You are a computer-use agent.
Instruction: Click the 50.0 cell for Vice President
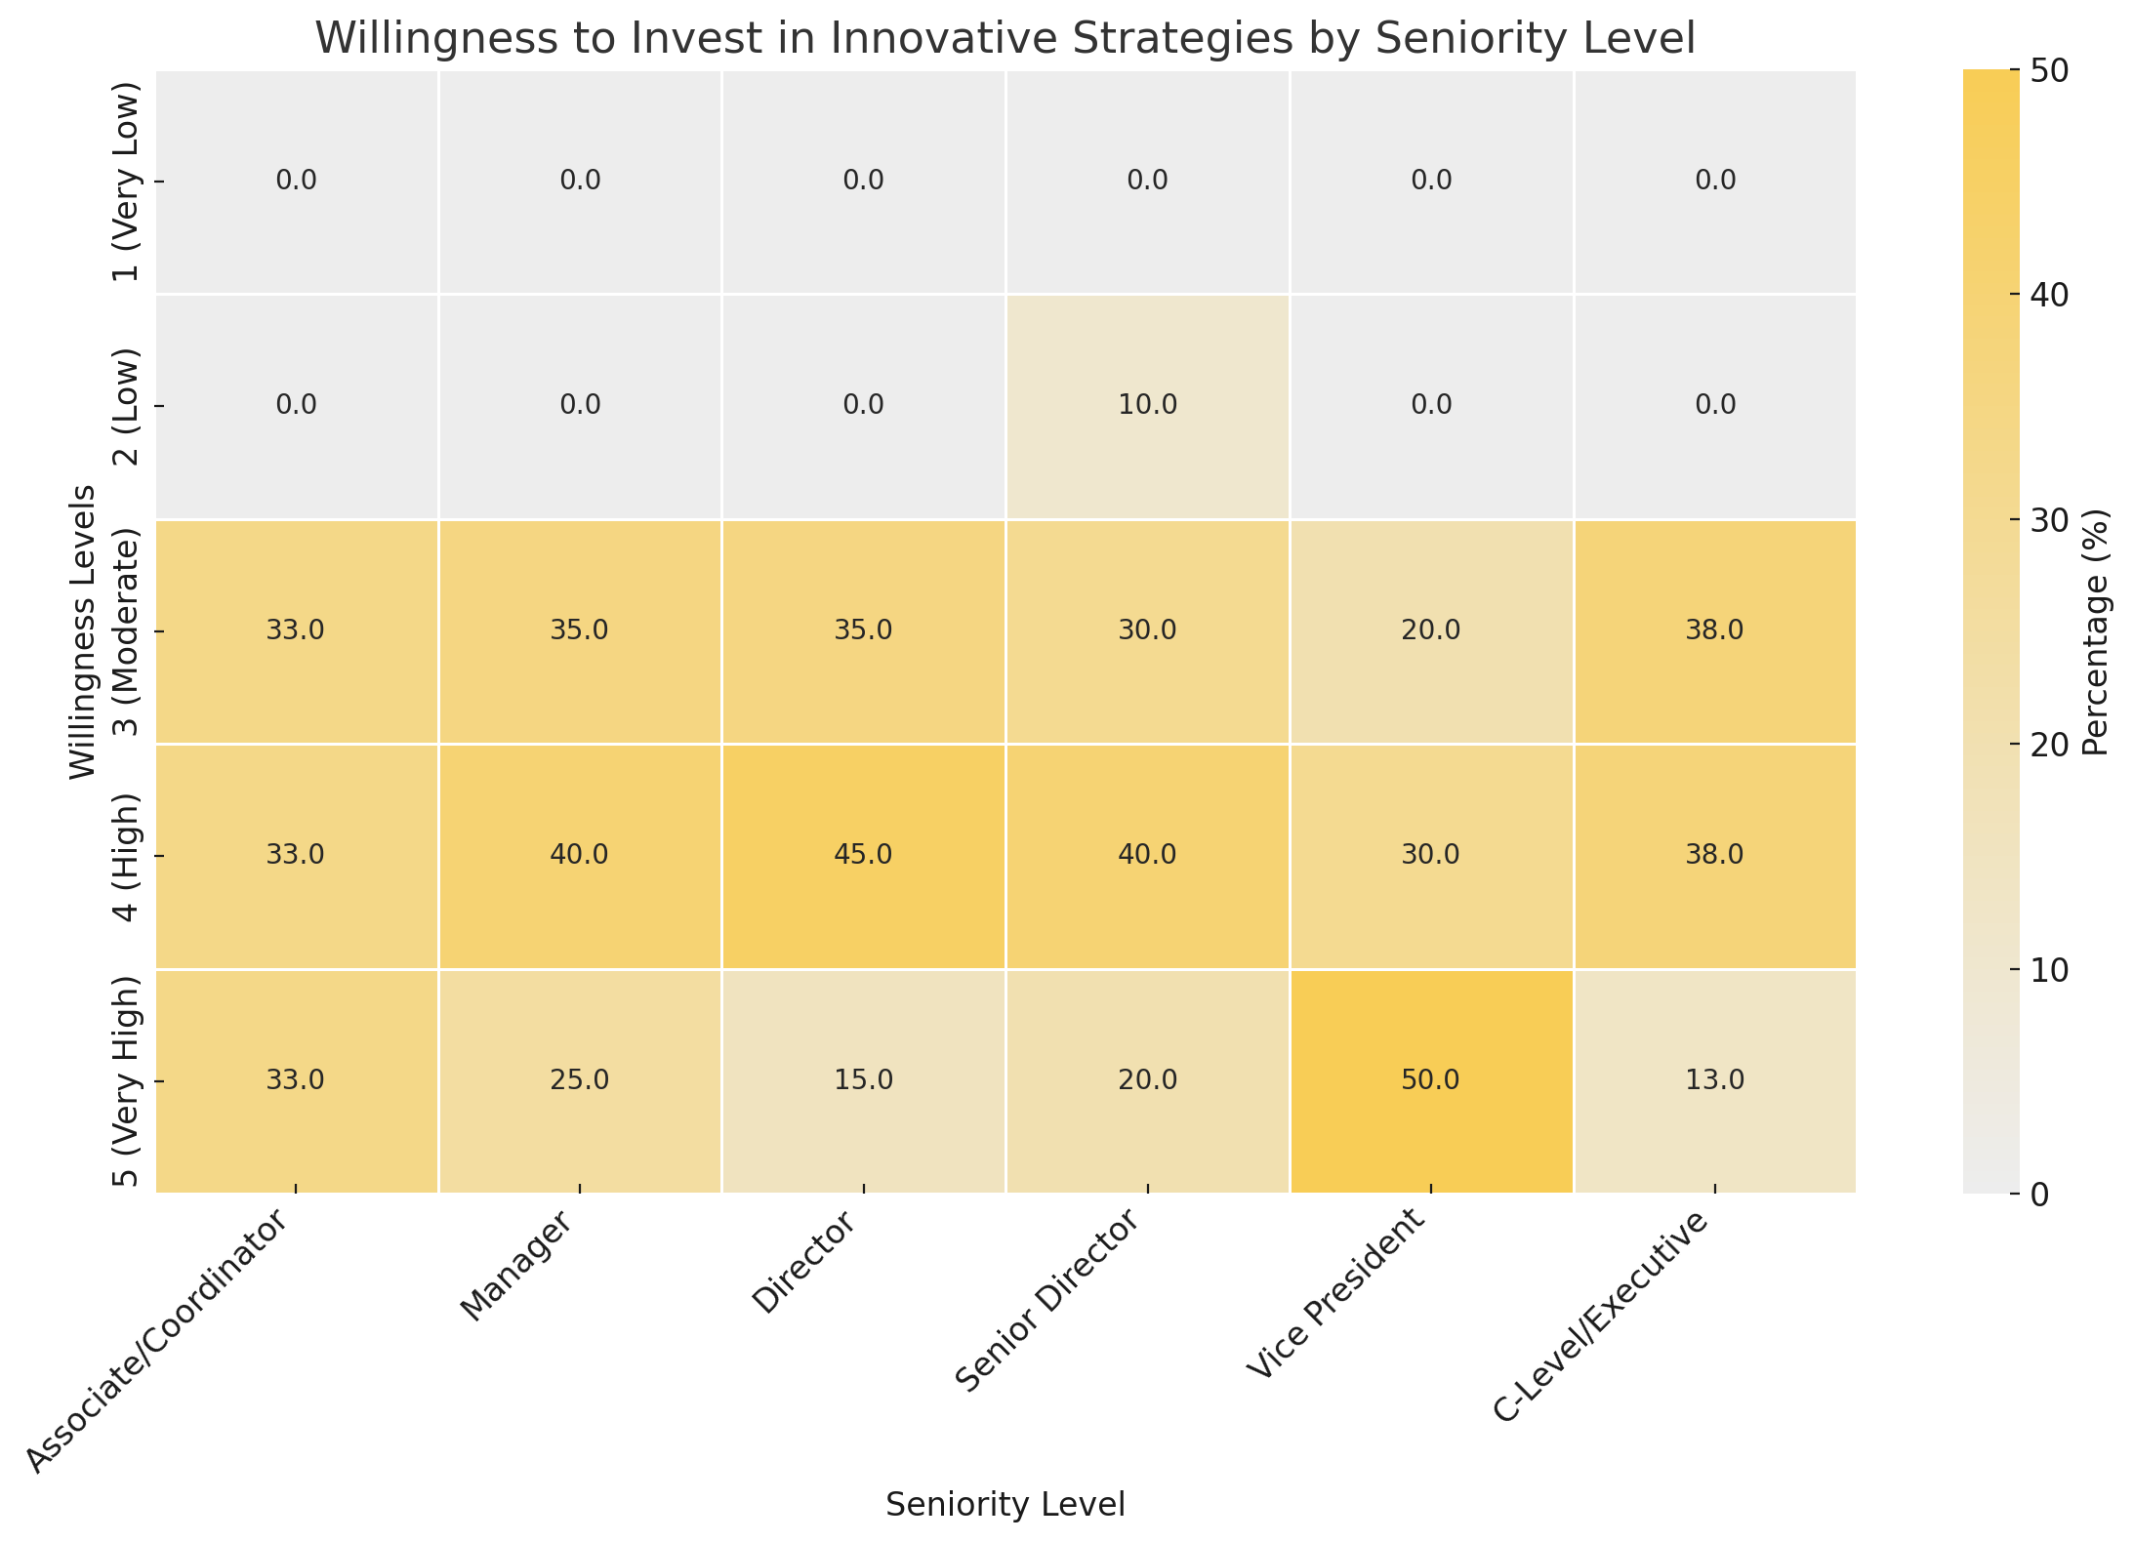click(1431, 1080)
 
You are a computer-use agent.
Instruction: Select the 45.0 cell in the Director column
click(864, 855)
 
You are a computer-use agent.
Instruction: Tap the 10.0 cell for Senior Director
click(1147, 405)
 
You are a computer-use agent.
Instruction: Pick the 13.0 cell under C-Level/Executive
click(1715, 1080)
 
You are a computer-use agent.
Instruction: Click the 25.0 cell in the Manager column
click(580, 1080)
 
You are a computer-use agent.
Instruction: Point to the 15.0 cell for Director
click(864, 1080)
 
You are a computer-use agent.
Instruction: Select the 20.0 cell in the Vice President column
click(1431, 630)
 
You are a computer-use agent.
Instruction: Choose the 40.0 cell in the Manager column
click(580, 855)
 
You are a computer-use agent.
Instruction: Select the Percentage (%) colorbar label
click(2096, 631)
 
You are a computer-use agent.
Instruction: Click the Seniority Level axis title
click(1005, 1504)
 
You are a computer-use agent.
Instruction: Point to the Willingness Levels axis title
click(85, 631)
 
